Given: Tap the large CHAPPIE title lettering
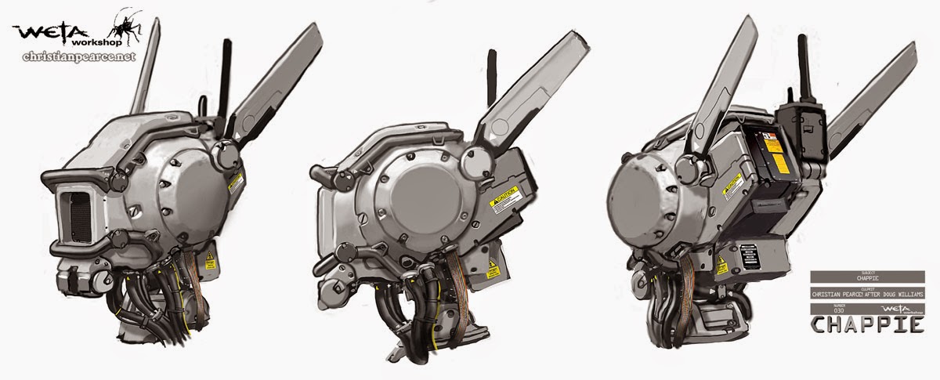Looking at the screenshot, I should coord(864,325).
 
